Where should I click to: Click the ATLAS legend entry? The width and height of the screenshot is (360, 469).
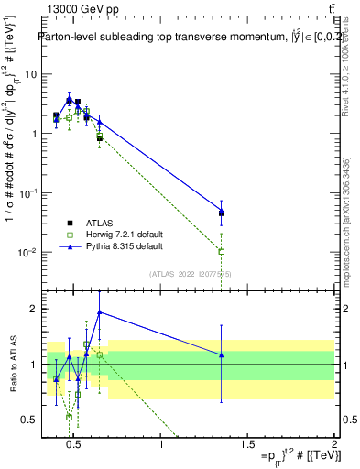pyautogui.click(x=98, y=224)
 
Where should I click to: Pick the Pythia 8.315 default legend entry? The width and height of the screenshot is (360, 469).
pyautogui.click(x=124, y=247)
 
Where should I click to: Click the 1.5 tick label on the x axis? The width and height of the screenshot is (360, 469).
pyautogui.click(x=247, y=445)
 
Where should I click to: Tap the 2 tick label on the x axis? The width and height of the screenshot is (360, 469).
pyautogui.click(x=333, y=445)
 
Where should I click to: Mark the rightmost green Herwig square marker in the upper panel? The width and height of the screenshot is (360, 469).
pyautogui.click(x=222, y=251)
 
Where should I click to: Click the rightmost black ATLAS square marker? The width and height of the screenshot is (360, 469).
pyautogui.click(x=222, y=213)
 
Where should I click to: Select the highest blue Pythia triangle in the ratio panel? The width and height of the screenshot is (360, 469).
pyautogui.click(x=100, y=311)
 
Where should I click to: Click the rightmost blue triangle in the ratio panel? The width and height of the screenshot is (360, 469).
pyautogui.click(x=222, y=354)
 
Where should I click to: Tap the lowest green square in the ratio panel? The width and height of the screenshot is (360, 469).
pyautogui.click(x=70, y=417)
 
